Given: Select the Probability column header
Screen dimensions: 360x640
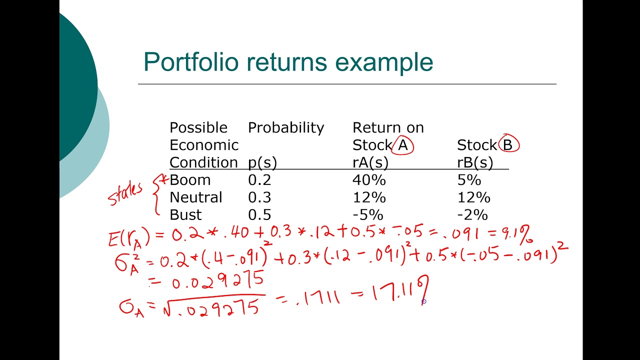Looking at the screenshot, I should pyautogui.click(x=286, y=128).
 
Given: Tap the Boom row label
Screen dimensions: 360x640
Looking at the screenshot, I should pyautogui.click(x=190, y=180).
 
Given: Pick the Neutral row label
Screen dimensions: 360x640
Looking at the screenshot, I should pyautogui.click(x=195, y=197).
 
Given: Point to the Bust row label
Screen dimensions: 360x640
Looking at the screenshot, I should pyautogui.click(x=185, y=215).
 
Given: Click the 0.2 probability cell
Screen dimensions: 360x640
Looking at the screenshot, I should pyautogui.click(x=258, y=180).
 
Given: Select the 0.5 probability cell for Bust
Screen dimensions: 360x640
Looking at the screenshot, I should pyautogui.click(x=259, y=215).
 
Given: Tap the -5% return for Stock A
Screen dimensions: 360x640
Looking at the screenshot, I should pyautogui.click(x=367, y=215).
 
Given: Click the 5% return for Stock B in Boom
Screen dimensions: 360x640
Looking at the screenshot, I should pyautogui.click(x=468, y=180).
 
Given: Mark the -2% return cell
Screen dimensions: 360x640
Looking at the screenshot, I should pyautogui.click(x=472, y=215).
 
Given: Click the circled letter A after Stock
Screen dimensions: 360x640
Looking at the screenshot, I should pyautogui.click(x=403, y=145).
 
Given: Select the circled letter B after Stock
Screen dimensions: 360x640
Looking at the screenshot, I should pyautogui.click(x=508, y=145).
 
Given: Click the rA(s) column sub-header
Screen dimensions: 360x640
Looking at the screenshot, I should pyautogui.click(x=370, y=162).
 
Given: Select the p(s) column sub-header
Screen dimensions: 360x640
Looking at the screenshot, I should pyautogui.click(x=262, y=162).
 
